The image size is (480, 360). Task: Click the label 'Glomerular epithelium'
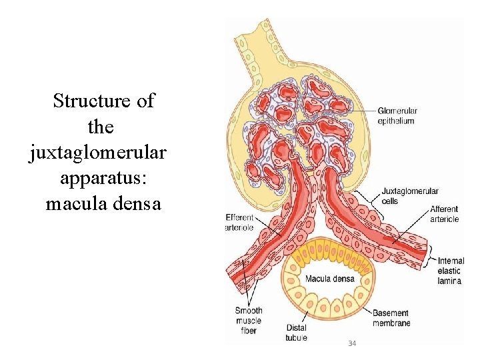coord(397,116)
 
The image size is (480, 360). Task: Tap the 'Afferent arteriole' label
coord(444,214)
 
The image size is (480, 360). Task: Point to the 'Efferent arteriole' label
coord(240,222)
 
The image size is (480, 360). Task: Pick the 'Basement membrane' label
coord(391,318)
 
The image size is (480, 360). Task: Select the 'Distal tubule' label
coord(296,332)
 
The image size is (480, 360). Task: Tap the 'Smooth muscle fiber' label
coord(249,320)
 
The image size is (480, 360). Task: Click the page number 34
coord(352,343)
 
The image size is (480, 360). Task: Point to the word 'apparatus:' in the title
coord(99,179)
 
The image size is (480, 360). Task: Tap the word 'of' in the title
coord(145,101)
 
